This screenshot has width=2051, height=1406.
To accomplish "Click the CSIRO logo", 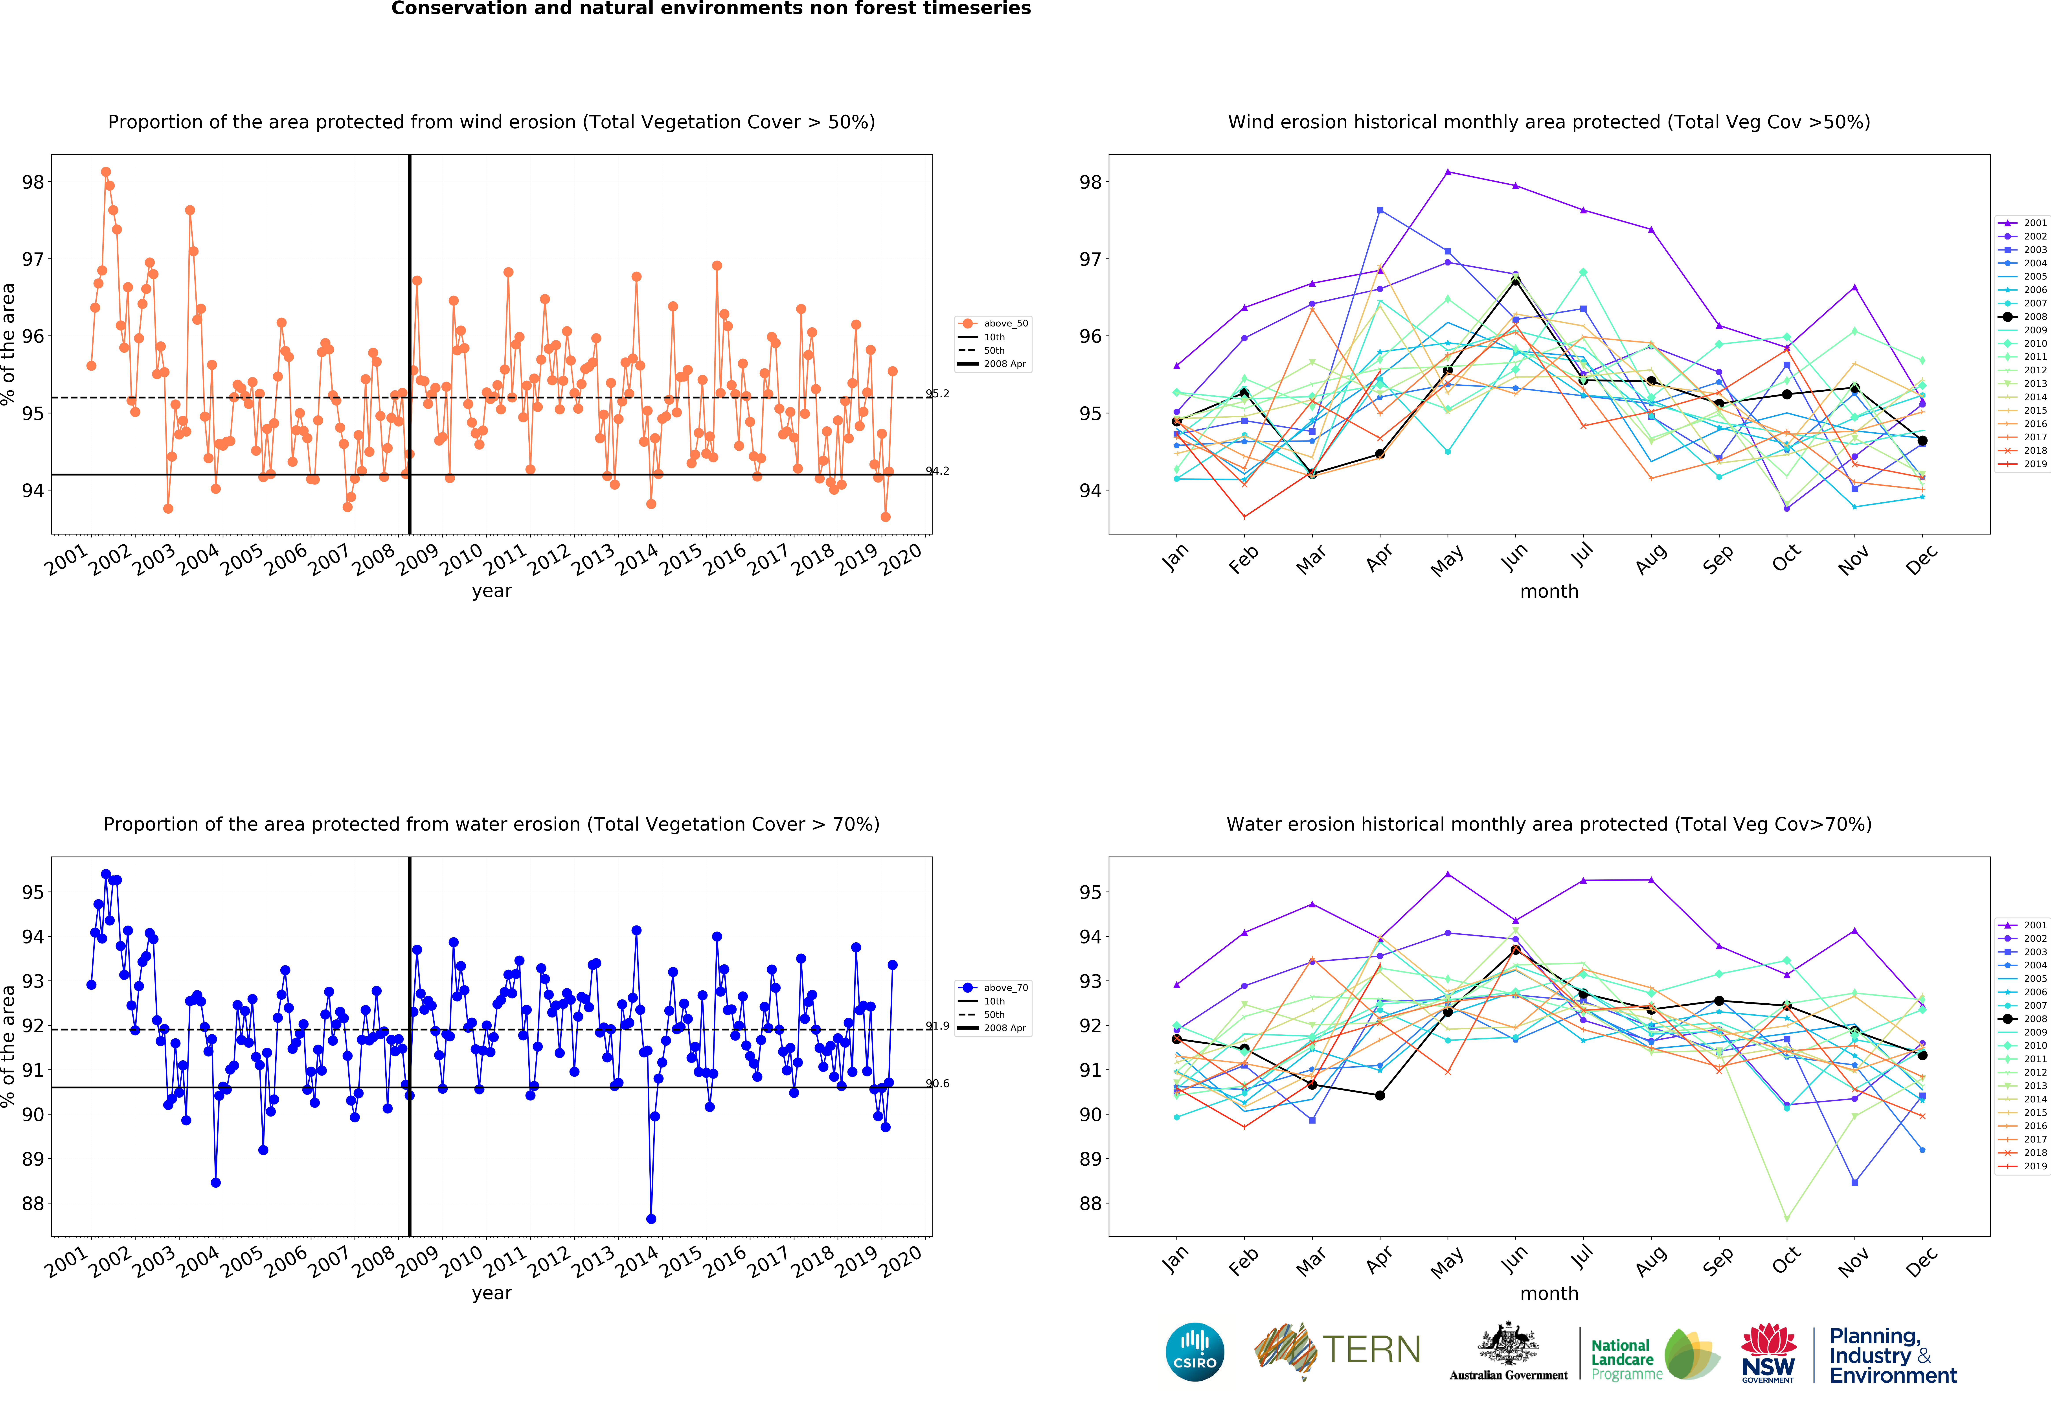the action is coord(1195,1351).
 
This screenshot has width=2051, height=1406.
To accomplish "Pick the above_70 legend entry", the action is coord(993,988).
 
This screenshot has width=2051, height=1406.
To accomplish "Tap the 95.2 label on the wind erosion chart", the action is coord(937,394).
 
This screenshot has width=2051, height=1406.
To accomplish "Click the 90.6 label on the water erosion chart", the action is coord(937,1084).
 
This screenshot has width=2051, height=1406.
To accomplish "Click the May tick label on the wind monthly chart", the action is coord(1447,560).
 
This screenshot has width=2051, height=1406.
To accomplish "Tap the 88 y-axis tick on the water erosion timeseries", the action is coord(33,1204).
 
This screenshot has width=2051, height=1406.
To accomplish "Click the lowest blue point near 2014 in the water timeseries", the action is coord(651,1219).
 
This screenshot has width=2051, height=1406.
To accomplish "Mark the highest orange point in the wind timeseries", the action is coord(106,172).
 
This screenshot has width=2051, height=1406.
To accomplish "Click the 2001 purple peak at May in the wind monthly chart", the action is coord(1447,171).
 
